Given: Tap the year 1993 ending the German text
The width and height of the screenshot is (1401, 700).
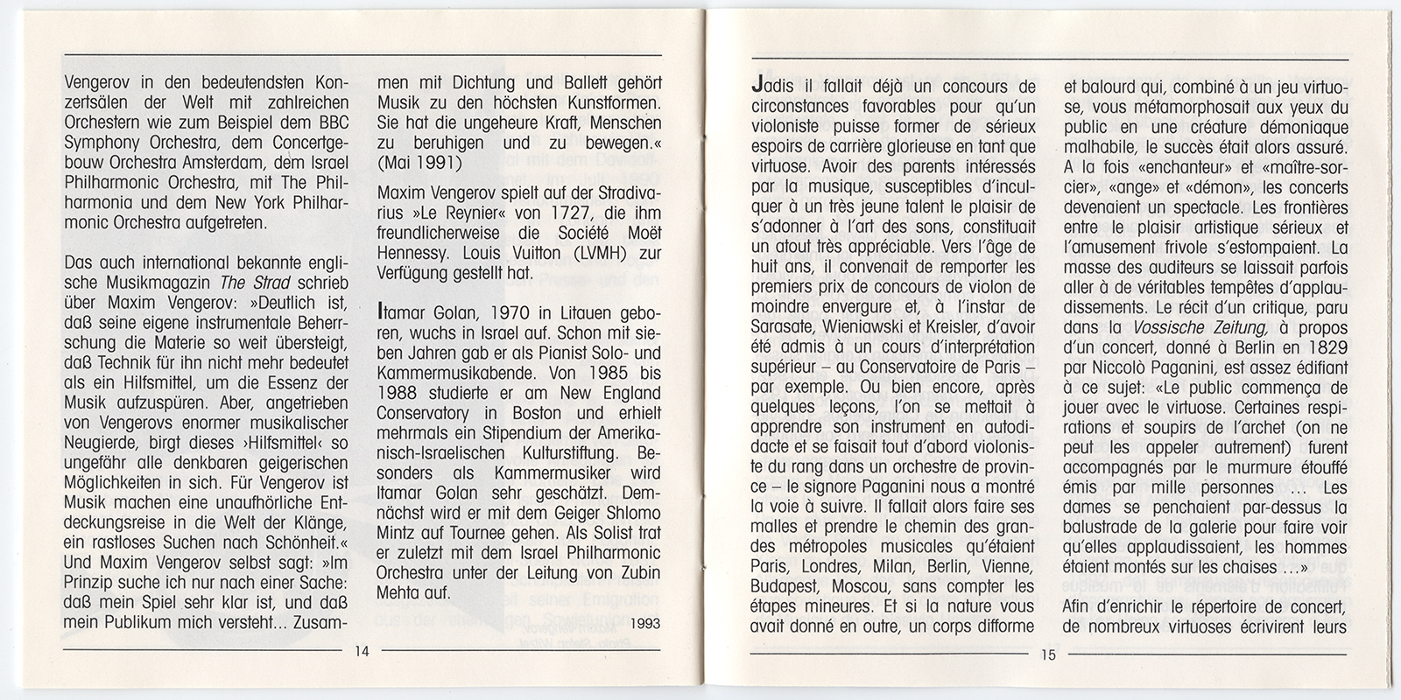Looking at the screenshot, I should (x=644, y=625).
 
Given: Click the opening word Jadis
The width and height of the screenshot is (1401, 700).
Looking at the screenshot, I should (x=772, y=87).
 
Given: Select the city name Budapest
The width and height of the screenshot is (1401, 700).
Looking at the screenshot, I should (x=785, y=584).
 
